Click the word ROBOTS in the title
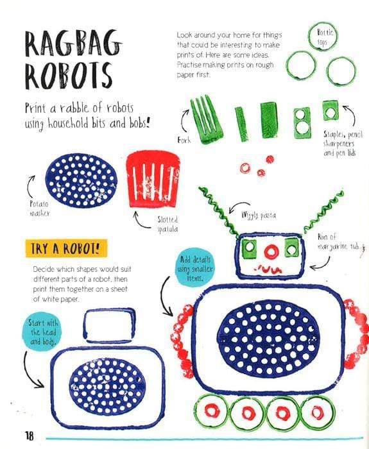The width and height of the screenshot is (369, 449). pyautogui.click(x=68, y=75)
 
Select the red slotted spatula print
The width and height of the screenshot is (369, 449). pyautogui.click(x=153, y=179)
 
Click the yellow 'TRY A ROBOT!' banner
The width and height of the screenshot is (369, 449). pyautogui.click(x=66, y=248)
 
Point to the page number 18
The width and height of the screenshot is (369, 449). pyautogui.click(x=30, y=436)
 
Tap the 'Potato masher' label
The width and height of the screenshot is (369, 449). pyautogui.click(x=40, y=208)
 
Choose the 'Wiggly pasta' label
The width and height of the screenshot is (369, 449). pyautogui.click(x=259, y=215)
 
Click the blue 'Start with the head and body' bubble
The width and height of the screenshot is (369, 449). pyautogui.click(x=43, y=332)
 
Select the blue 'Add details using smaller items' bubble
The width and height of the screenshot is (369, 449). pyautogui.click(x=195, y=268)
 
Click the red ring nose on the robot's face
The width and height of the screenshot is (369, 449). pyautogui.click(x=271, y=251)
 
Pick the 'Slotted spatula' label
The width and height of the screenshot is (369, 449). pyautogui.click(x=168, y=224)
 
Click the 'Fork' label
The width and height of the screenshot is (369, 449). pyautogui.click(x=184, y=140)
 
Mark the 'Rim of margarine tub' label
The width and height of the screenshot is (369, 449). pyautogui.click(x=341, y=242)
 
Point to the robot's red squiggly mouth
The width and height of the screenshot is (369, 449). pyautogui.click(x=268, y=270)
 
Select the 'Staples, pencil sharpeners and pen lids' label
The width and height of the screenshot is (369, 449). pyautogui.click(x=342, y=144)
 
